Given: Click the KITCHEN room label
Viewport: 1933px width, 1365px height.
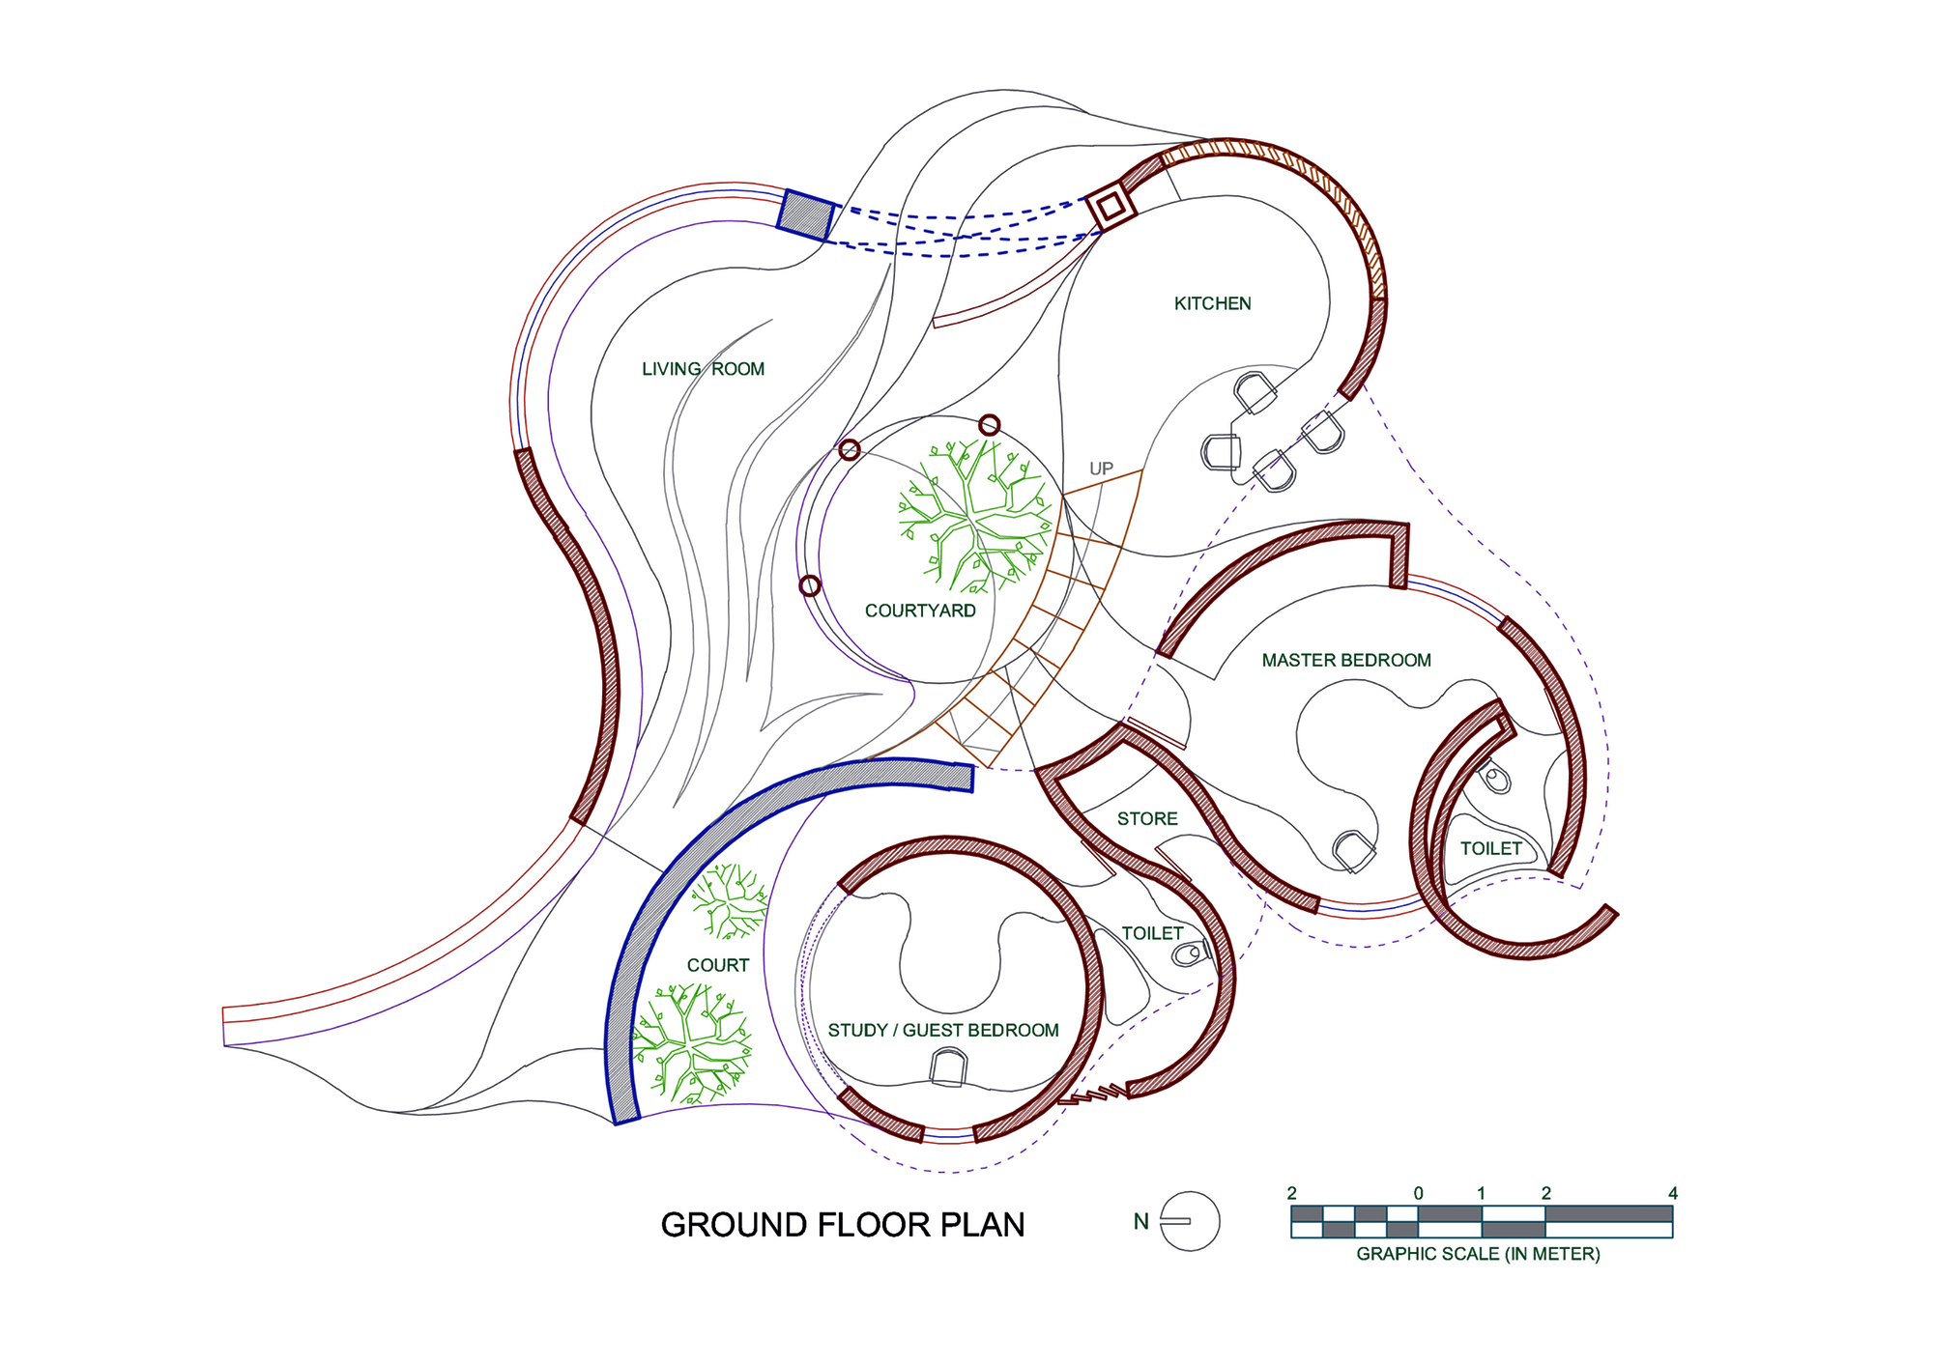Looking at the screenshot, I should coord(1212,303).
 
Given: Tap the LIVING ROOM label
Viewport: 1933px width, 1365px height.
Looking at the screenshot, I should coord(703,369).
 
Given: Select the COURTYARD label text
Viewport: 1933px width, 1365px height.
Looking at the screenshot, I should coord(920,611).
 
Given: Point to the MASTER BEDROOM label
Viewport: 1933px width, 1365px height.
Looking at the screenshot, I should coord(1346,661).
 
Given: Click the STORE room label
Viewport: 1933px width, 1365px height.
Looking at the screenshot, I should coord(1147,819).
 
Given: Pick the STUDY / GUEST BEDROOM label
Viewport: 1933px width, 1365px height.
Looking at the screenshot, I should coord(943,1031).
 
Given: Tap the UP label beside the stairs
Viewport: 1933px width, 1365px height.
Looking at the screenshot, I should coord(1101,469).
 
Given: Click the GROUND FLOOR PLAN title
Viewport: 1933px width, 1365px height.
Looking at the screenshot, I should coord(842,1225).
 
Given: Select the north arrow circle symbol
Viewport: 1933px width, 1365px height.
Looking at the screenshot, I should coord(1190,1221).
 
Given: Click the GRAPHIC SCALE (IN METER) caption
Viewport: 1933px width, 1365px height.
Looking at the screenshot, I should coord(1478,1254).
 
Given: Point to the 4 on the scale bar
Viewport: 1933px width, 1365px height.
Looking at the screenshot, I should coord(1673,1194).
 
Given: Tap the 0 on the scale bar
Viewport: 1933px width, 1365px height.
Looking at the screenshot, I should coord(1418,1194).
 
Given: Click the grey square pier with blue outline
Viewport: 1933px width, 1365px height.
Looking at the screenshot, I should coord(805,214).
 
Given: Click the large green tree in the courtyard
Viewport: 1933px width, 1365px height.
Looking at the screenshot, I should coord(976,517).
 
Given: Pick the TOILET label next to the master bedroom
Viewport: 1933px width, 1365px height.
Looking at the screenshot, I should coord(1490,849).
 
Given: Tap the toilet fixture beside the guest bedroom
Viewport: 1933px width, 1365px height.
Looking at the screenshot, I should coord(1189,954).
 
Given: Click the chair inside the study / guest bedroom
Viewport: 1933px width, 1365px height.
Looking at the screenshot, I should coord(947,1067).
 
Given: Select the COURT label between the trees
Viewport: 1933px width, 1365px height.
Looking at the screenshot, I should coord(718,965).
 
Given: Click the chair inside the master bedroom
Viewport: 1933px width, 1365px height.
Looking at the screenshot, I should coord(1353,851).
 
